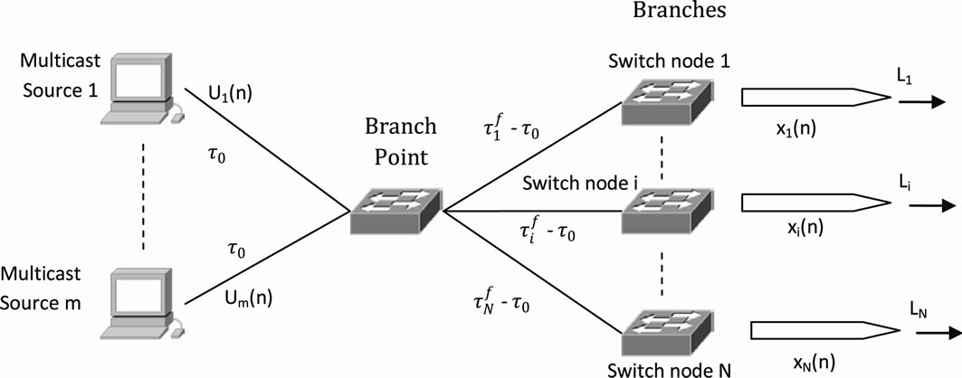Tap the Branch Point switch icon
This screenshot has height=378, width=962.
point(396,213)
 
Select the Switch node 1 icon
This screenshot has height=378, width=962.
point(667,100)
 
